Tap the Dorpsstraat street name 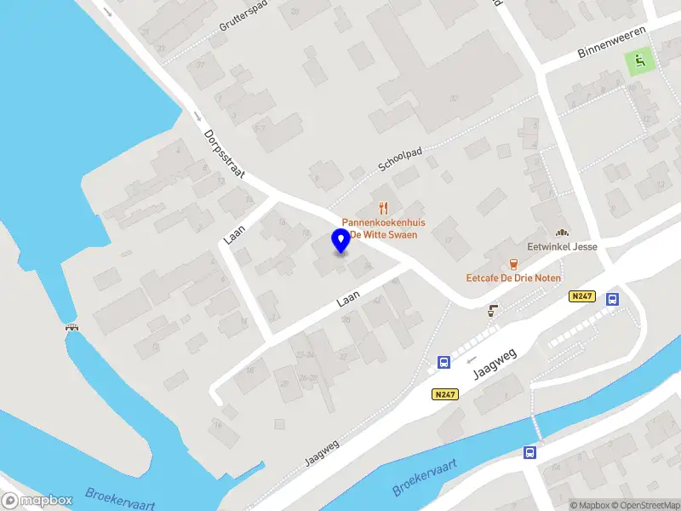[x=225, y=153]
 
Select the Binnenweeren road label [x=612, y=40]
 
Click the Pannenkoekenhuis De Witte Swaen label [x=383, y=228]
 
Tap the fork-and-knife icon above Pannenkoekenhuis [x=383, y=207]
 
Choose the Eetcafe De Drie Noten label [x=512, y=278]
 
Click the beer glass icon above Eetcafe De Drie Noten [x=512, y=262]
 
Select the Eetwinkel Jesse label [x=562, y=247]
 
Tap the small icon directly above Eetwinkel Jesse [x=562, y=232]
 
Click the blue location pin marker [x=340, y=241]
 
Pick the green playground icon [x=638, y=60]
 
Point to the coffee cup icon [x=492, y=310]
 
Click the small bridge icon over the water [x=72, y=328]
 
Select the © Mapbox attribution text [x=590, y=505]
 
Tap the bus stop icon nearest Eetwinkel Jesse [x=611, y=299]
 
